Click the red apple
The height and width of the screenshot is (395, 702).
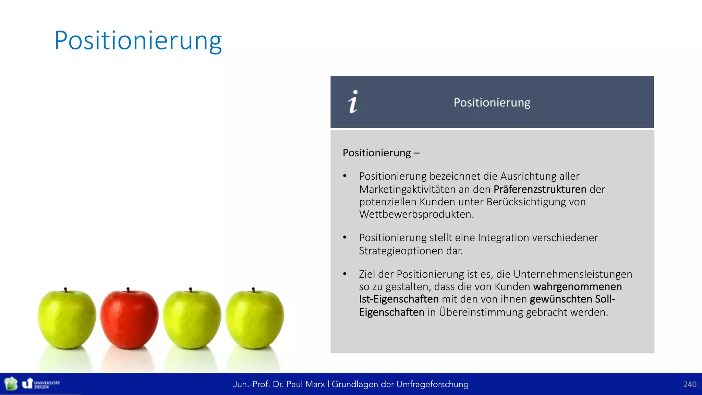(x=129, y=319)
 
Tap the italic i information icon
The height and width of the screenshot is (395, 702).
(x=353, y=102)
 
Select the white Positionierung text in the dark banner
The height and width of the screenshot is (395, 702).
(x=492, y=103)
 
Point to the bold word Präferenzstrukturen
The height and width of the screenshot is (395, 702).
(x=540, y=189)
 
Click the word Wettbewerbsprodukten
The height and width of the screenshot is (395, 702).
(x=416, y=214)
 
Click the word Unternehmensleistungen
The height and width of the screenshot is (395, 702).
(x=572, y=274)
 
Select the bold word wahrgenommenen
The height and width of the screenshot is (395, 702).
(x=578, y=287)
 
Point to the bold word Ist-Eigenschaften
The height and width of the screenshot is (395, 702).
(x=399, y=299)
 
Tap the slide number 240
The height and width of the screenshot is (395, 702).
(x=689, y=384)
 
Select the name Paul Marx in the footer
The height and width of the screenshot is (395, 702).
(x=305, y=384)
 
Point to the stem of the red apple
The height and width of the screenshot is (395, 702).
(x=128, y=290)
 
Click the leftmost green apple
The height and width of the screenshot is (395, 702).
(x=66, y=319)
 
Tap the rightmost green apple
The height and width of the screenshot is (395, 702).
(x=255, y=319)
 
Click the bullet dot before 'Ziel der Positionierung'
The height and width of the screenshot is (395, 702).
(x=345, y=274)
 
